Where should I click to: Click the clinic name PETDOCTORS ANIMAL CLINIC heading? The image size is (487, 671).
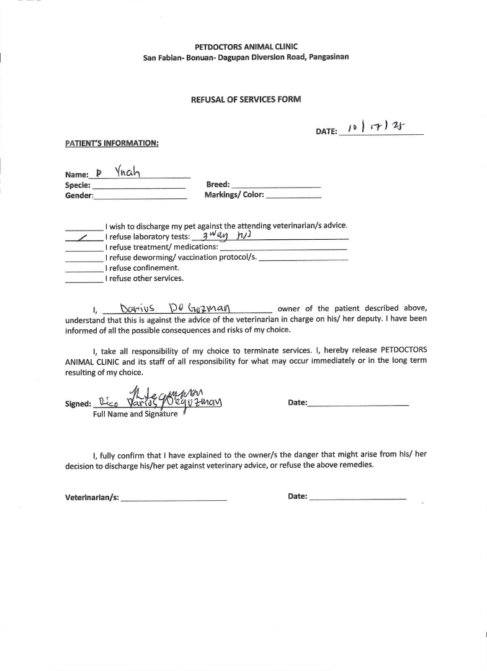coord(246,47)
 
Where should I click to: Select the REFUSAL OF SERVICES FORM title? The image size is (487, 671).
coord(246,99)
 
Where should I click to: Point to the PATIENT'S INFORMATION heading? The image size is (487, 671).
coord(112,144)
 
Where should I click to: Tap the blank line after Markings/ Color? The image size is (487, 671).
coord(293,196)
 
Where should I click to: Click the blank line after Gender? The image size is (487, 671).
coord(140,197)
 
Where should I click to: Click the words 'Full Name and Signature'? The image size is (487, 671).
coord(135,414)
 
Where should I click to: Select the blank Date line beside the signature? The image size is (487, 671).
coord(358,404)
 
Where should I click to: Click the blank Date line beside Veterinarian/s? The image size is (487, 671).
coord(357,498)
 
